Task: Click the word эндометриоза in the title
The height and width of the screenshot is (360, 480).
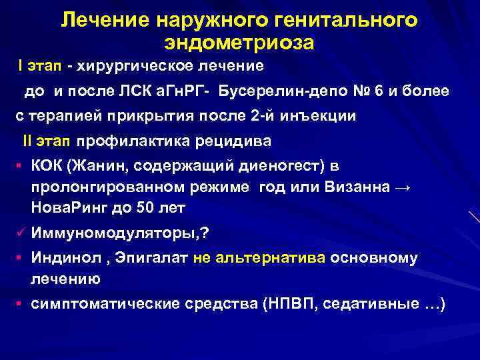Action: click(x=239, y=43)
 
